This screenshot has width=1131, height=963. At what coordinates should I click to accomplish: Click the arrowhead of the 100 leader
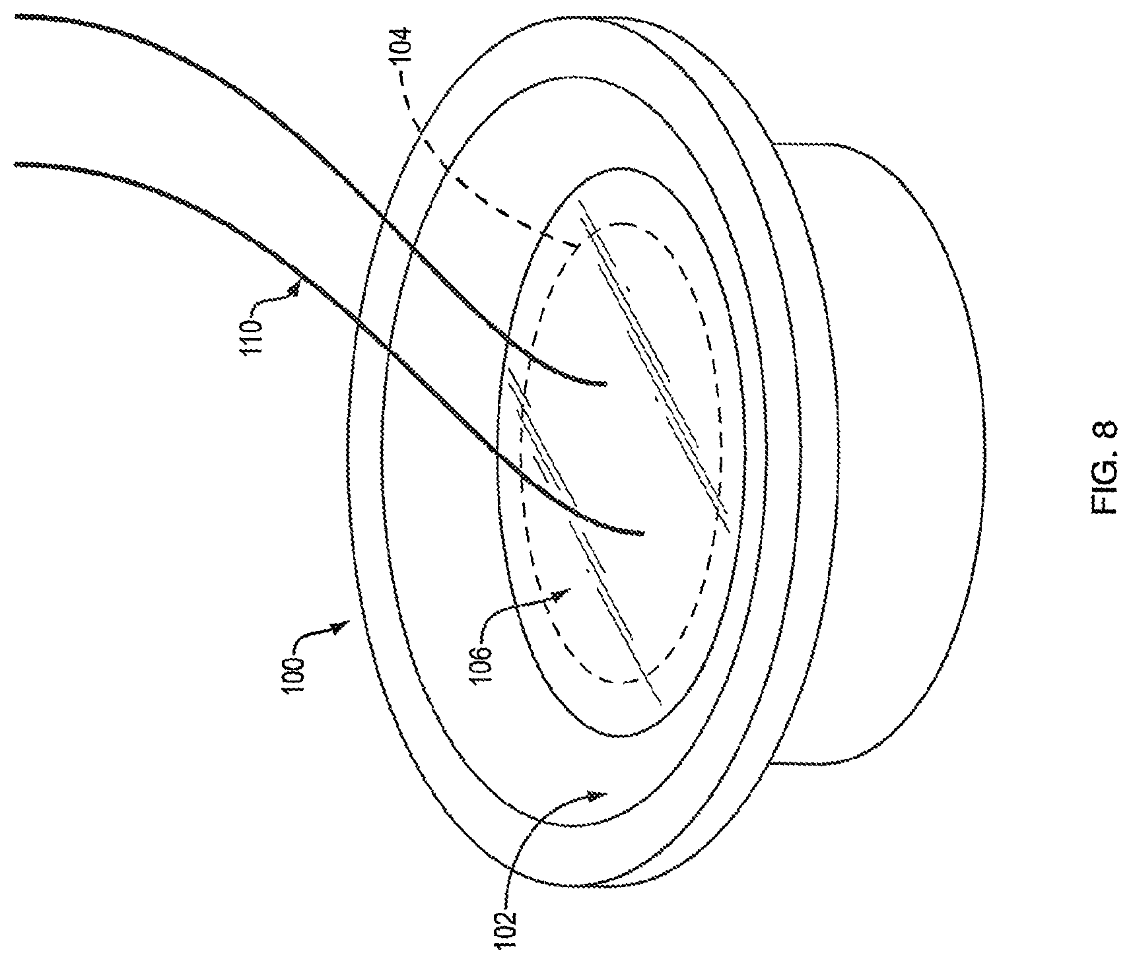tap(340, 627)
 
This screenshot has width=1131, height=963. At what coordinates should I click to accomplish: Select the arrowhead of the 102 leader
tap(598, 796)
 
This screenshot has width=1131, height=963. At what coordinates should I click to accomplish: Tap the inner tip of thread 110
tap(642, 533)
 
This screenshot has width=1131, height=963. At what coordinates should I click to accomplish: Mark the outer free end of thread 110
tap(16, 164)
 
